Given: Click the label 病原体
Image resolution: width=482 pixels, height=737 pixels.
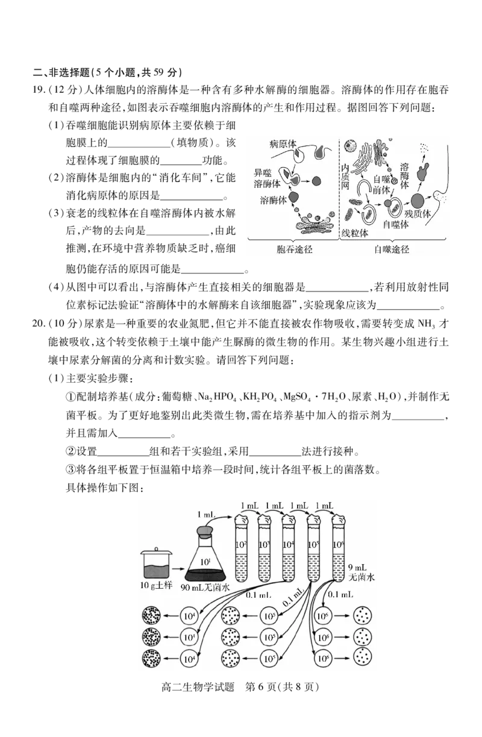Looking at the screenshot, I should (x=284, y=145).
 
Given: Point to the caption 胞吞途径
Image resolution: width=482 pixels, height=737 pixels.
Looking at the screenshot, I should (x=294, y=249).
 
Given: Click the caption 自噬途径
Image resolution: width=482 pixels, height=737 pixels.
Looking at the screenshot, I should (x=392, y=249).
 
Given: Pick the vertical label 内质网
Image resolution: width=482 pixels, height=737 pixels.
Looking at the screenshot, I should (x=346, y=176).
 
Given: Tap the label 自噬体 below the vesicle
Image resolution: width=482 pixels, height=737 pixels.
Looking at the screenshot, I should (x=396, y=224).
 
